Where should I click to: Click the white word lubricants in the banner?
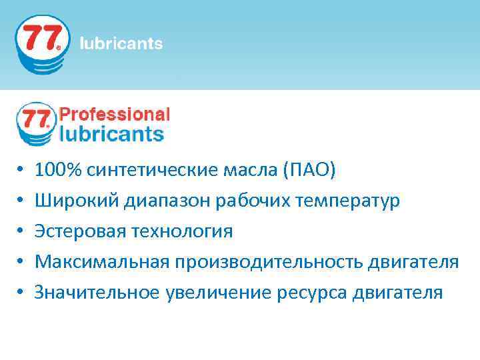click(121, 44)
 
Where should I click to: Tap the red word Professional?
click(115, 115)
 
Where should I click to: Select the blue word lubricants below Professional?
click(111, 133)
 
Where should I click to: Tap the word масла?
click(253, 170)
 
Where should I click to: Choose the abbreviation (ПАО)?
click(309, 170)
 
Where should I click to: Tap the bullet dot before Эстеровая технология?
click(21, 232)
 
